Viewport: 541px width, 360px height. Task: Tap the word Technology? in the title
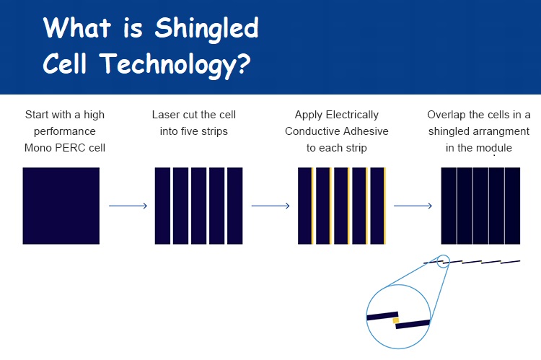point(175,65)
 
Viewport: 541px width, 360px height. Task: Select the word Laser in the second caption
point(164,115)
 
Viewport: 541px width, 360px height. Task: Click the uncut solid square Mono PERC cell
point(61,206)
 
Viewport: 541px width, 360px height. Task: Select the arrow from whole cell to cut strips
point(128,206)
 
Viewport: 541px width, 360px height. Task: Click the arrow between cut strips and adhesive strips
point(270,206)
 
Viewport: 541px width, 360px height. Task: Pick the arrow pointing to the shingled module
point(413,206)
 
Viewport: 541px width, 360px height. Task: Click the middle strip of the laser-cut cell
point(199,206)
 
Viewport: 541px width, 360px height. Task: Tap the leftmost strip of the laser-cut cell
point(162,206)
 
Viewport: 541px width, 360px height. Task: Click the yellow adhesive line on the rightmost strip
point(384,206)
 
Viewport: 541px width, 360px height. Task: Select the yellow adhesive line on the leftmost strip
point(312,206)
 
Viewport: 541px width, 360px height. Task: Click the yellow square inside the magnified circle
point(396,320)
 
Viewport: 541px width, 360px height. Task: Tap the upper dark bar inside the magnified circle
point(382,316)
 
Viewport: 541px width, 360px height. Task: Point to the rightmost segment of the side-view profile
point(510,263)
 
